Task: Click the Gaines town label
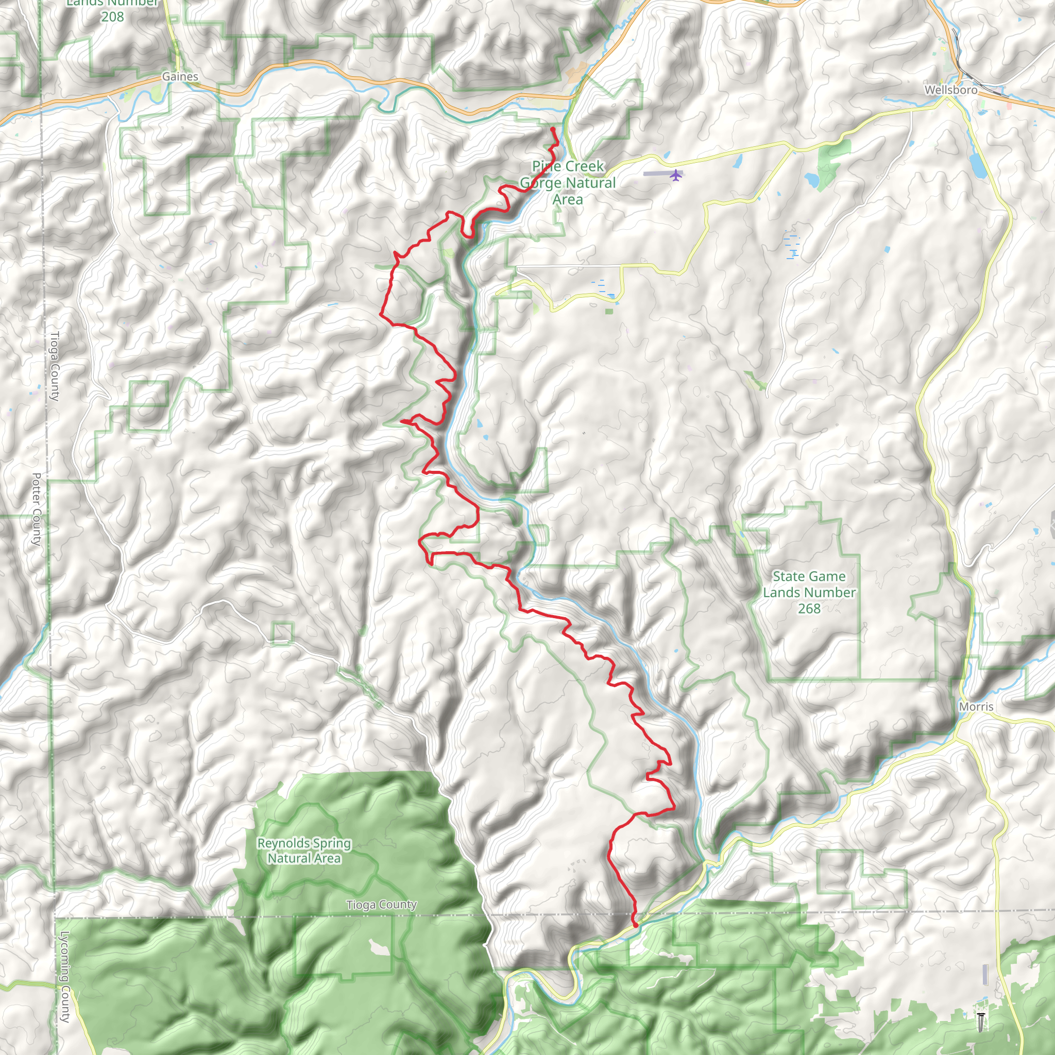(180, 76)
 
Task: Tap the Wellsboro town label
(951, 90)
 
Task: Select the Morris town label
(976, 707)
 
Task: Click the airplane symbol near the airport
(676, 175)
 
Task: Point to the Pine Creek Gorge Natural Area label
(568, 182)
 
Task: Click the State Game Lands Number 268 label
(809, 592)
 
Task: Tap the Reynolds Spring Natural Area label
(304, 851)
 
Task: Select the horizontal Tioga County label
(381, 905)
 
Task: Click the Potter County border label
(36, 509)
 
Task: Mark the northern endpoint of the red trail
(553, 129)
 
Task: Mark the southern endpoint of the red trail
(635, 925)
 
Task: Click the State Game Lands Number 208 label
(112, 10)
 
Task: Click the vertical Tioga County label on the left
(55, 366)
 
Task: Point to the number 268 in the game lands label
(809, 609)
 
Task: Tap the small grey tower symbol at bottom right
(981, 1022)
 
